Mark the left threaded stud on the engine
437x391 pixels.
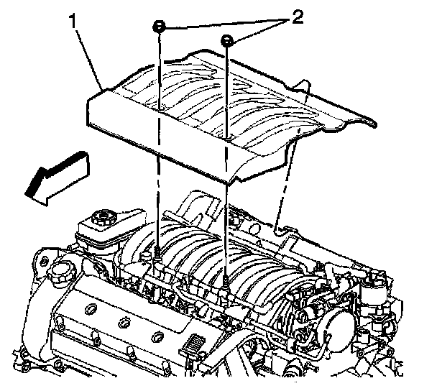point(157,252)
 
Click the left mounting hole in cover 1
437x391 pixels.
point(159,108)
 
